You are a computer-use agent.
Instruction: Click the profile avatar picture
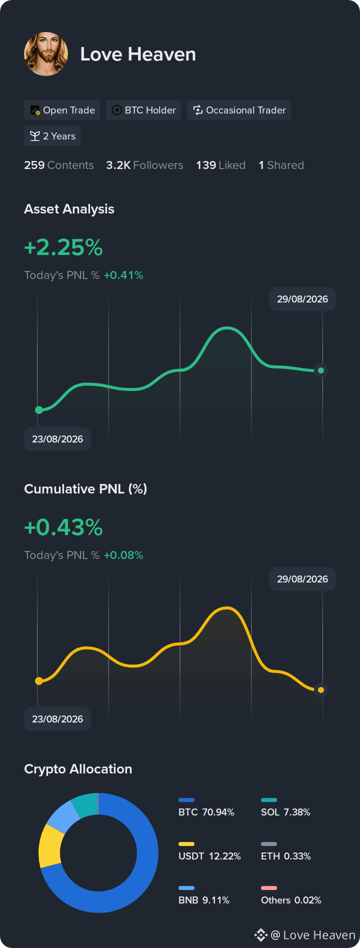[46, 54]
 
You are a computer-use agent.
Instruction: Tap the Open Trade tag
[62, 110]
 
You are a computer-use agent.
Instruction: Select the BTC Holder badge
[143, 110]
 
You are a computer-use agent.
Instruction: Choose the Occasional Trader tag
[239, 110]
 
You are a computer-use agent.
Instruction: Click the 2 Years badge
[52, 136]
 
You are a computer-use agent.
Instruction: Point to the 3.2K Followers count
[144, 165]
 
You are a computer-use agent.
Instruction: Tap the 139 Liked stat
[220, 165]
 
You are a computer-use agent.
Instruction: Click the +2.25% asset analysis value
[63, 247]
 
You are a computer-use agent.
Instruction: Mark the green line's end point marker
[321, 370]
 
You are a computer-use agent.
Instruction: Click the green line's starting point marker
[39, 410]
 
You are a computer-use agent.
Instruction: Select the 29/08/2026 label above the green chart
[302, 299]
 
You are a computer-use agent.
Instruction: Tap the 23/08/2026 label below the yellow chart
[57, 719]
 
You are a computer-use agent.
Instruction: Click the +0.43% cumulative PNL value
[63, 527]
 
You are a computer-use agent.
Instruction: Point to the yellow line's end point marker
[321, 690]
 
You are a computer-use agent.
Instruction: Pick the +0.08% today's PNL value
[123, 555]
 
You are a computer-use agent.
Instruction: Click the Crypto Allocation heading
[78, 769]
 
